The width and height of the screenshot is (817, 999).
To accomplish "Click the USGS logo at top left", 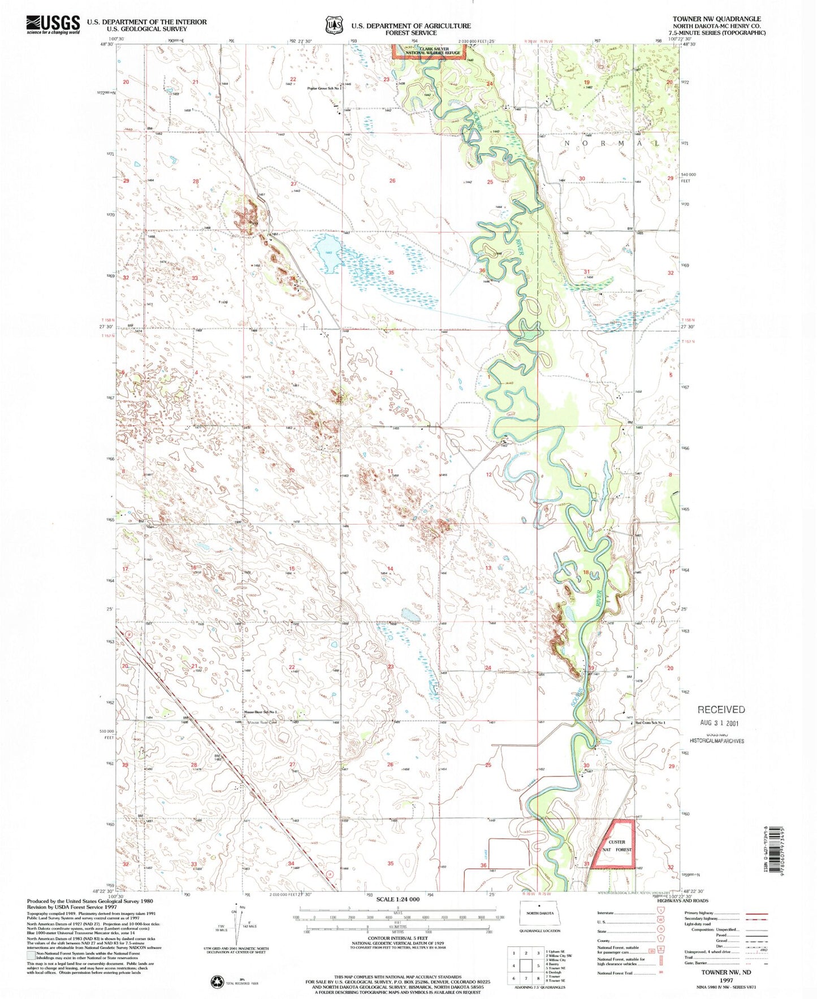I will pos(53,25).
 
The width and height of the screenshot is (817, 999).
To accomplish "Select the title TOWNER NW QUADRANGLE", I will pos(716,19).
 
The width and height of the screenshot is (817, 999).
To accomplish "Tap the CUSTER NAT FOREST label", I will pos(617,846).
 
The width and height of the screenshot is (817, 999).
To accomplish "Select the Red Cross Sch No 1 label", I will pos(650,723).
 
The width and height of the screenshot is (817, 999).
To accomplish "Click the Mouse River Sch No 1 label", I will pos(260,712).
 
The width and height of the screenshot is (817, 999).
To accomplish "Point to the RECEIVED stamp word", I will pos(721,710).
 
